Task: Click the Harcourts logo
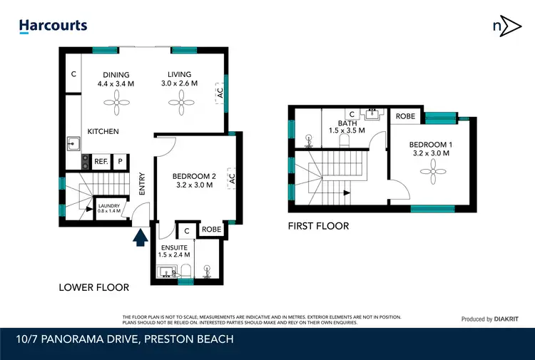tap(53, 26)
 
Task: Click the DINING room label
tap(116, 75)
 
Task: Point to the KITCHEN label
tap(103, 132)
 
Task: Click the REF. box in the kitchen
tap(101, 162)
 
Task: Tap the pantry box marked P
tap(120, 162)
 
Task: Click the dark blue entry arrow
tap(141, 236)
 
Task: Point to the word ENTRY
tap(143, 185)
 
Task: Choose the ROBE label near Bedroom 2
tap(211, 230)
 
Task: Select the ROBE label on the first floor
tap(405, 116)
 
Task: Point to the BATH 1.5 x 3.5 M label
tap(347, 127)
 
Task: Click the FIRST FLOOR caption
tap(319, 226)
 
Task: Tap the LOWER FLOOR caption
tap(94, 287)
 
